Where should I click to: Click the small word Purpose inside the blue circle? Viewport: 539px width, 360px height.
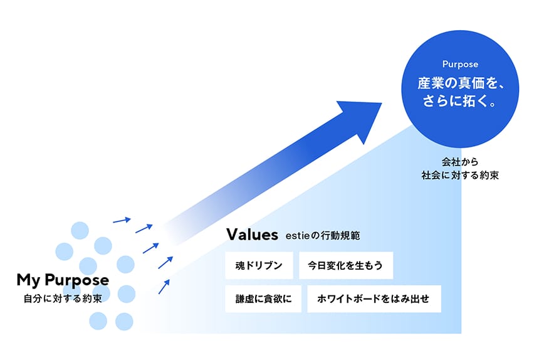pyautogui.click(x=460, y=64)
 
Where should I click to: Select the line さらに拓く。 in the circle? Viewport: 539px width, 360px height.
pyautogui.click(x=460, y=101)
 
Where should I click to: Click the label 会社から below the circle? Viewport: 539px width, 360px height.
pyautogui.click(x=460, y=162)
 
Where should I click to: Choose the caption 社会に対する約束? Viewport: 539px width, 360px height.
pyautogui.click(x=460, y=176)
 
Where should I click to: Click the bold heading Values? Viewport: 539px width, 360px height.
pyautogui.click(x=251, y=235)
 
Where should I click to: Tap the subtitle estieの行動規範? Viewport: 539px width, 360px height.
pyautogui.click(x=323, y=237)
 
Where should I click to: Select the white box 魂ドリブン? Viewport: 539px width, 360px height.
pyautogui.click(x=259, y=265)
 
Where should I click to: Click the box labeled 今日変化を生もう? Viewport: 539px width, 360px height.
pyautogui.click(x=346, y=265)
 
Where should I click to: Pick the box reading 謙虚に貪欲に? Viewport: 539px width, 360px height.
pyautogui.click(x=263, y=299)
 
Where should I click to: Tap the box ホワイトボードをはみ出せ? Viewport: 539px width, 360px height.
pyautogui.click(x=374, y=299)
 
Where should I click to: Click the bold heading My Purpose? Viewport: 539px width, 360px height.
pyautogui.click(x=63, y=280)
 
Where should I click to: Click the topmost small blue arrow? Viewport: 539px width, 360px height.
pyautogui.click(x=122, y=220)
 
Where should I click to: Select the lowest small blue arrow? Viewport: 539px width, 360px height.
pyautogui.click(x=164, y=287)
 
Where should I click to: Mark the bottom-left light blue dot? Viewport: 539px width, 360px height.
pyautogui.click(x=98, y=321)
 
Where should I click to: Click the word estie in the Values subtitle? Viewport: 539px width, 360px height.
pyautogui.click(x=297, y=237)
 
